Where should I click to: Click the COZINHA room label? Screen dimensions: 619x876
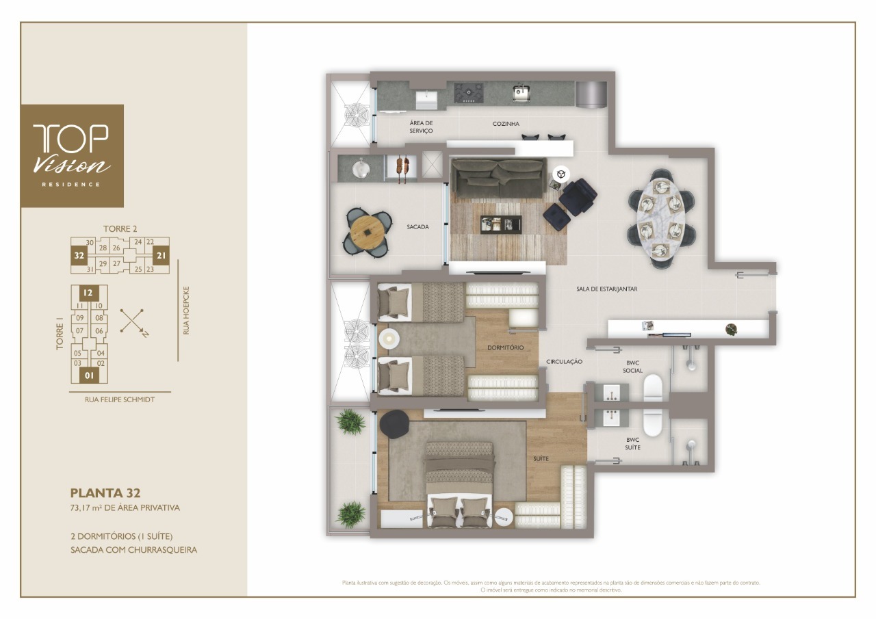coord(506,124)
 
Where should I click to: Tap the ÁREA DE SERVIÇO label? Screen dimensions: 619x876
coord(421,127)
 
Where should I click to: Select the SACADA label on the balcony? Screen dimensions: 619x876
coord(417,226)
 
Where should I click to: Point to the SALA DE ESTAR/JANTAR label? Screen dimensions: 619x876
coord(606,289)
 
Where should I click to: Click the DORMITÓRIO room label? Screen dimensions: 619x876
coord(505,347)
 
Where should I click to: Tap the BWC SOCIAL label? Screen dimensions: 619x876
coord(632,366)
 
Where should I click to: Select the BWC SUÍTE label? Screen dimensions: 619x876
coord(632,443)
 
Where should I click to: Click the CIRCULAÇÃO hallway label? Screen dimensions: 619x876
coord(564,361)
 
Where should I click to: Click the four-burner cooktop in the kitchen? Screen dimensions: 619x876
coord(469,92)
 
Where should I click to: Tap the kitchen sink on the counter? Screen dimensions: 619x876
coord(521,92)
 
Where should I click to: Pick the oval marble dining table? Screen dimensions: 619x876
coord(660,218)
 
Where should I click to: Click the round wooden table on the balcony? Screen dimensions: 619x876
coord(369,232)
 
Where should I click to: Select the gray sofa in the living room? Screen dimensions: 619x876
coord(499,178)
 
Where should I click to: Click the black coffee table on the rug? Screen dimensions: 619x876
coord(501,224)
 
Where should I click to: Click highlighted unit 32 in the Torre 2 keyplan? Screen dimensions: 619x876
coord(79,256)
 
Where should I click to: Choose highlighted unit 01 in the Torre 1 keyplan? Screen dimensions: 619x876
coord(88,376)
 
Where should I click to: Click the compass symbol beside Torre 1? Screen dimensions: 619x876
coord(133,321)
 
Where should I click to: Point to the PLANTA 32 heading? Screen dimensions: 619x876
coord(105,492)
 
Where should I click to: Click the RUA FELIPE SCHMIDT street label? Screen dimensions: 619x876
coord(120,399)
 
